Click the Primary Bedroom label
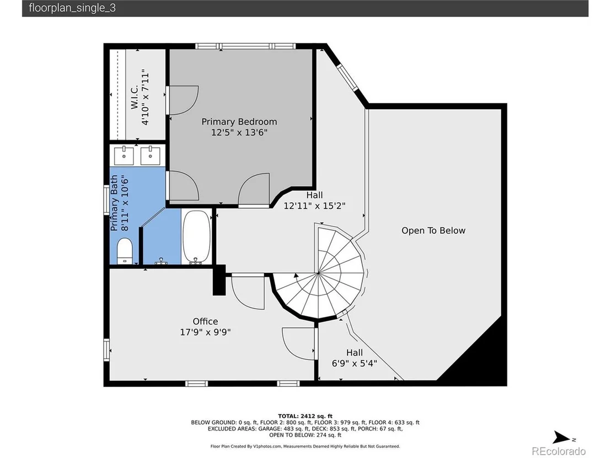(239, 121)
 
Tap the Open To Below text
(433, 230)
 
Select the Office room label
(205, 321)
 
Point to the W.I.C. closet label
(135, 98)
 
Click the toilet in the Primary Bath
(125, 251)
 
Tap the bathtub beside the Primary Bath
(196, 237)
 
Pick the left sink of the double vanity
(124, 156)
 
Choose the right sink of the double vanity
(150, 156)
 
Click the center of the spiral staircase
(318, 273)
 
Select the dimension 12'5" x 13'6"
(239, 132)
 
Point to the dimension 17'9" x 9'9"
(205, 332)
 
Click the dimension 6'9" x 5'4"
(355, 363)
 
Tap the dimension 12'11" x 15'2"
(314, 206)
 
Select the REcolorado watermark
(559, 451)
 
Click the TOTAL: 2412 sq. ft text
(305, 416)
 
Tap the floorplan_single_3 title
(72, 8)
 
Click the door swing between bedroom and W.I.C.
(183, 100)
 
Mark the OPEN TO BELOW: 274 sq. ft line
(305, 435)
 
